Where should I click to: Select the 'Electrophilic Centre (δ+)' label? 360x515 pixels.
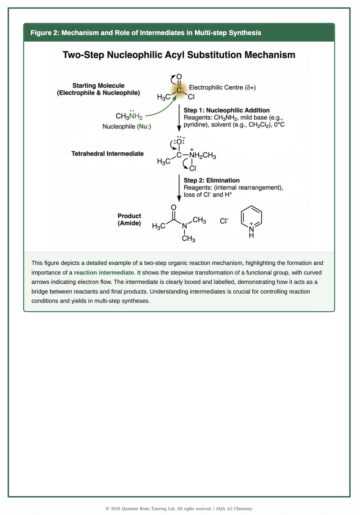222,88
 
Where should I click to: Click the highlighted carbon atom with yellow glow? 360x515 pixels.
179,90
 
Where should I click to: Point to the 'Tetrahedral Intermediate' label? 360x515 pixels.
107,154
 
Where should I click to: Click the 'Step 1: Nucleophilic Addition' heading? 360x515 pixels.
227,110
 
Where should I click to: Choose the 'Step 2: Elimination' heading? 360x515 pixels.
211,180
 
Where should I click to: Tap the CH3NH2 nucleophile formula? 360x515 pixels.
129,116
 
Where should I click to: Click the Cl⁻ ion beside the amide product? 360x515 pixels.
224,221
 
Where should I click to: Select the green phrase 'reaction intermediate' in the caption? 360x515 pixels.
104,272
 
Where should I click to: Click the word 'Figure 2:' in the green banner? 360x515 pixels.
45,33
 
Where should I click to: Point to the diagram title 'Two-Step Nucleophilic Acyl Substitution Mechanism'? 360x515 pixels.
179,55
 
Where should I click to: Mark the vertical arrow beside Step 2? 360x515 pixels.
179,188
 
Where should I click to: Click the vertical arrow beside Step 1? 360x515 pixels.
179,118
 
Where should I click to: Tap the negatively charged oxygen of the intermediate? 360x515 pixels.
179,142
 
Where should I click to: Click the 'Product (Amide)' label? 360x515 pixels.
129,220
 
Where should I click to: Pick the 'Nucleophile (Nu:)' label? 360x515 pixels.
127,126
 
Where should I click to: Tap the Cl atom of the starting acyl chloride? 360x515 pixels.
191,97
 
